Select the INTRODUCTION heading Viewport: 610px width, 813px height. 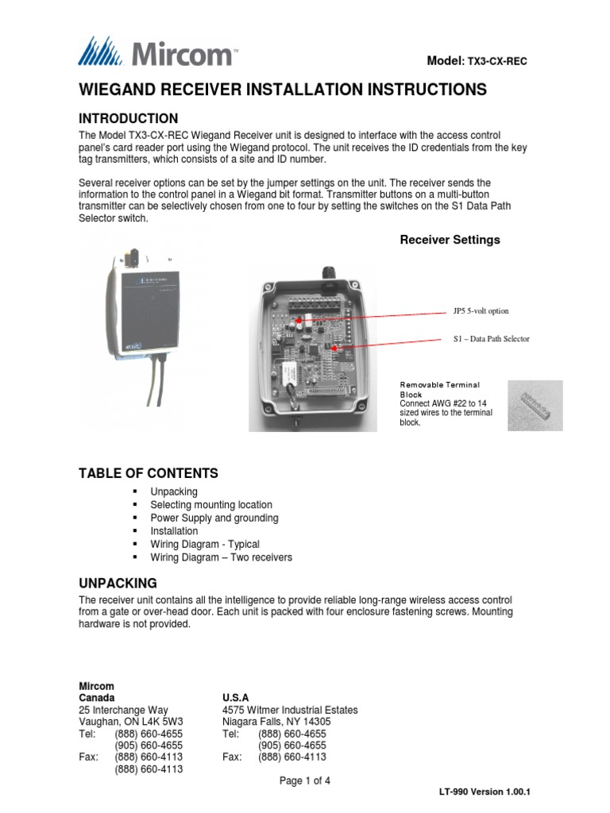[133, 118]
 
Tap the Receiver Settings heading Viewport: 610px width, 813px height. [449, 240]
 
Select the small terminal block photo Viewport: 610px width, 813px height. [535, 405]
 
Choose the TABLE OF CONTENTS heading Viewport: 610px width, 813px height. [148, 473]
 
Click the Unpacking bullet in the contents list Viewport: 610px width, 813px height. [174, 491]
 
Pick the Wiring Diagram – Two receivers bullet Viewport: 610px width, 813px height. [221, 557]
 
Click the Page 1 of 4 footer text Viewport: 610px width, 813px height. [304, 781]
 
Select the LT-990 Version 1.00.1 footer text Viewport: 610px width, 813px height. [484, 792]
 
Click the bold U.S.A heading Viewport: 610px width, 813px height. [236, 697]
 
